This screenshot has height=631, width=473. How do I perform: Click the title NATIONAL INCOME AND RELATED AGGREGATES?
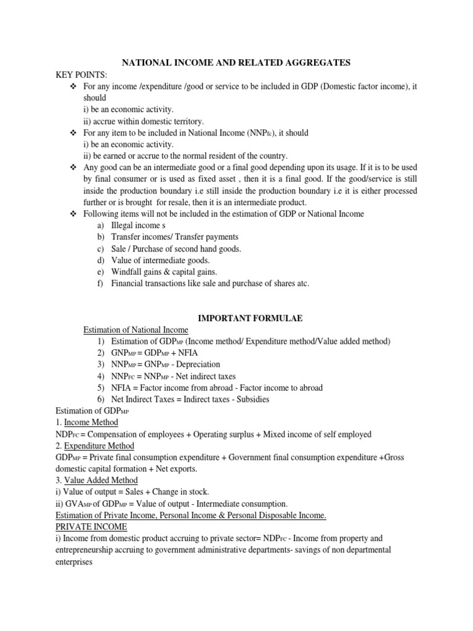236,62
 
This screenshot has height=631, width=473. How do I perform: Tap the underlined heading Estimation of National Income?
135,330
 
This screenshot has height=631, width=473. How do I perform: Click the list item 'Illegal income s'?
139,225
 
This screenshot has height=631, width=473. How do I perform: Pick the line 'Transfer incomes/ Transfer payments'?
174,237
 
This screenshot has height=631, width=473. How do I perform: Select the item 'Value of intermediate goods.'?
161,260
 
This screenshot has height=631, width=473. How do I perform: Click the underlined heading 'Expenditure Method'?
99,446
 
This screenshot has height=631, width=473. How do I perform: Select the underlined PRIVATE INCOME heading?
91,527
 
